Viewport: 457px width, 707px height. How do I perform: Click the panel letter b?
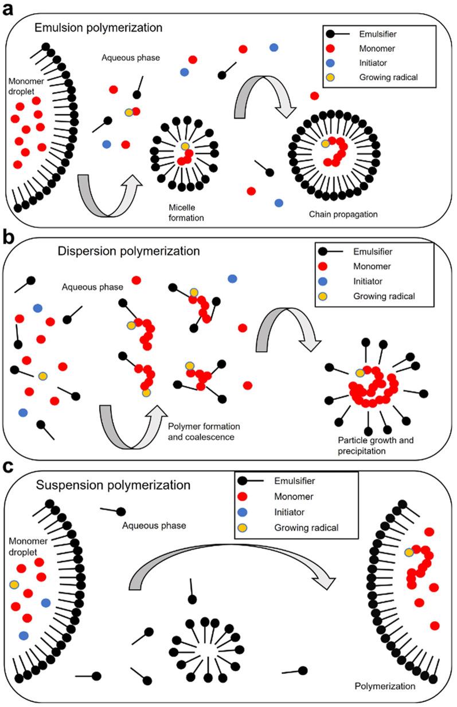[10, 235]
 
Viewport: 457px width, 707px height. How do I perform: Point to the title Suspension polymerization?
[113, 485]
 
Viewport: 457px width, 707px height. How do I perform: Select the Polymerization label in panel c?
[381, 685]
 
